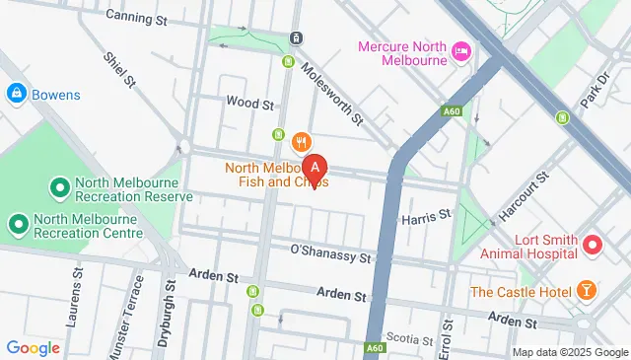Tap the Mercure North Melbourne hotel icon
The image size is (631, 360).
click(x=459, y=50)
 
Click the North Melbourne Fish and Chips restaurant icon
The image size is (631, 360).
click(x=303, y=141)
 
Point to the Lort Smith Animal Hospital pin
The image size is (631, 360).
click(x=593, y=243)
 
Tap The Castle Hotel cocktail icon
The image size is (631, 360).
click(x=586, y=291)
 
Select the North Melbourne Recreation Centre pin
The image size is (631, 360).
click(x=17, y=225)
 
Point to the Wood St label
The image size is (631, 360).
click(x=248, y=103)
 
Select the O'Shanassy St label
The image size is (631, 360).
click(x=329, y=253)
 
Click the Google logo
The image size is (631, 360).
click(x=34, y=347)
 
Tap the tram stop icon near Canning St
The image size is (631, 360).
click(x=296, y=38)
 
